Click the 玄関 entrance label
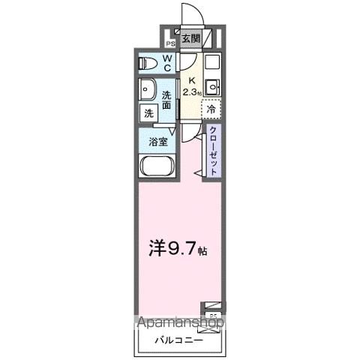[x=190, y=38]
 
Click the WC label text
[x=167, y=63]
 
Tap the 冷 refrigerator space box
[x=211, y=109]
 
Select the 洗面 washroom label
[x=167, y=100]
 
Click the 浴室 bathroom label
[x=157, y=140]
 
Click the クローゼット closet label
[x=213, y=150]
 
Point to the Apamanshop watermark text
[x=180, y=324]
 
